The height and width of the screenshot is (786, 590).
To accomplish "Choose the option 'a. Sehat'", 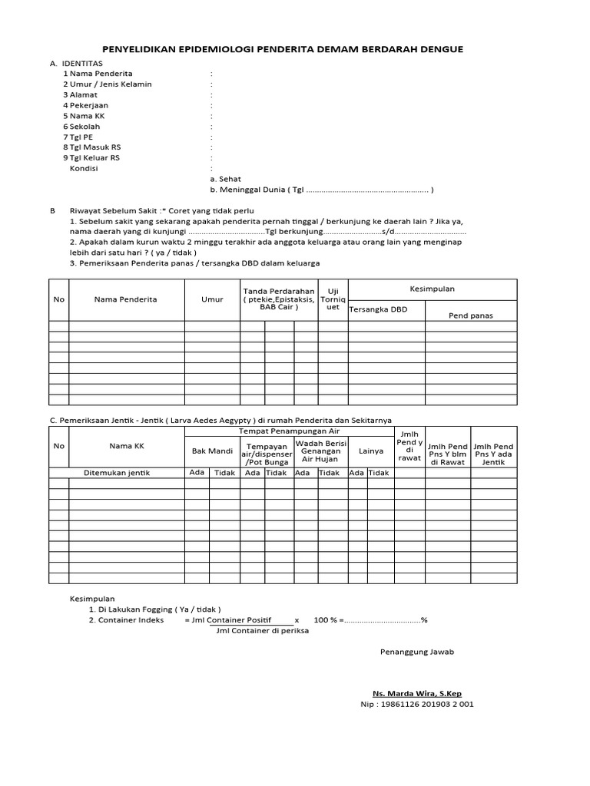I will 225,178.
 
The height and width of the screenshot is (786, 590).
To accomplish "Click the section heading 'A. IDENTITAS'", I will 77,63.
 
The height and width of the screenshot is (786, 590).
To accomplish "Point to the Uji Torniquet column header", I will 333,299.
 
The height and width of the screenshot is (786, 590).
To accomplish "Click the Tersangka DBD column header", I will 378,309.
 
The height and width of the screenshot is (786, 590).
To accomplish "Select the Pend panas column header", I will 470,315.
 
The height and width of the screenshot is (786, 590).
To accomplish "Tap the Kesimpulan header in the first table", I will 433,289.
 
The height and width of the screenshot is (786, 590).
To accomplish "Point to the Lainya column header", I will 370,451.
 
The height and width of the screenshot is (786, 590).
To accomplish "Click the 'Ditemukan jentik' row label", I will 117,473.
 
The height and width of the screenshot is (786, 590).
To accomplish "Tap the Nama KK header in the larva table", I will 127,445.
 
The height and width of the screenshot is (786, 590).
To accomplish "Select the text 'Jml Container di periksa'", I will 262,630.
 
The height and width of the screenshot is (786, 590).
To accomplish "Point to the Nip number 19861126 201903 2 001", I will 417,704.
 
